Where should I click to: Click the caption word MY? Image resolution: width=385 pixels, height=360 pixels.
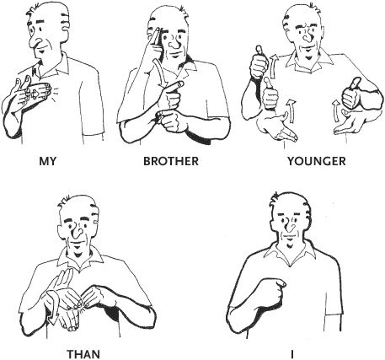48,161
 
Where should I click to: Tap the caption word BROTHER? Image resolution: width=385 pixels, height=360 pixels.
171,161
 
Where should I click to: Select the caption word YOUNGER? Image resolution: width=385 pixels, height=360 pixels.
317,161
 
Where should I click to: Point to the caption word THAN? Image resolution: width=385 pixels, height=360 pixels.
83,354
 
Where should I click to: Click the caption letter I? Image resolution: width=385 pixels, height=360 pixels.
292,354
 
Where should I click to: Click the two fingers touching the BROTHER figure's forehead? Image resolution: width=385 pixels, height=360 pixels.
154,38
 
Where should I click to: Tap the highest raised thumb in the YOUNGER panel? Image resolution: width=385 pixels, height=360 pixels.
259,51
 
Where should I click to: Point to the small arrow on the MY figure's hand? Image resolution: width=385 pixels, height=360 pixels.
35,94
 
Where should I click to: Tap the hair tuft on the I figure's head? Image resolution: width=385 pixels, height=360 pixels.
275,197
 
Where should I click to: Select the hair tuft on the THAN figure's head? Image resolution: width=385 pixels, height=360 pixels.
64,203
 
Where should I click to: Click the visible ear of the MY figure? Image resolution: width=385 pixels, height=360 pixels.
65,26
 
